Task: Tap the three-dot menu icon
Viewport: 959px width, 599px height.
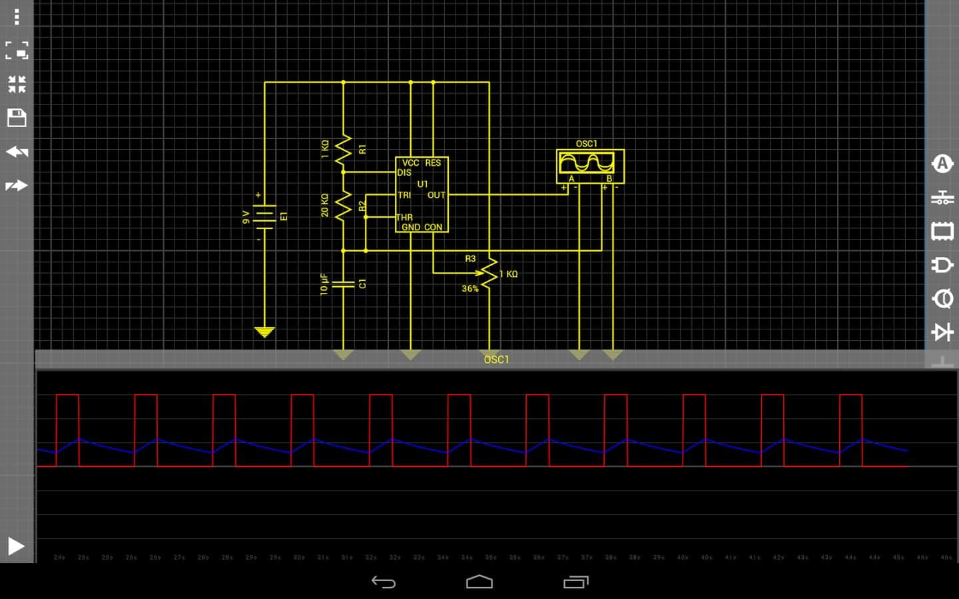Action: pos(17,17)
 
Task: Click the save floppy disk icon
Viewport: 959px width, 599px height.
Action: pos(17,118)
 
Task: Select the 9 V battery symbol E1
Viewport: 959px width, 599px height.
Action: pos(264,217)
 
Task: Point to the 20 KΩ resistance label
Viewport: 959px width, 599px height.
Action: pos(325,205)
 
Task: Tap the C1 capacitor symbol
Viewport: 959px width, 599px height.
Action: pos(343,284)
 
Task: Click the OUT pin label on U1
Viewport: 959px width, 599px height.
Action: pos(436,195)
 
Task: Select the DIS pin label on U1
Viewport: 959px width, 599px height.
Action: pos(404,172)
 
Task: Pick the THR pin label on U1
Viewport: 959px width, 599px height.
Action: pos(404,218)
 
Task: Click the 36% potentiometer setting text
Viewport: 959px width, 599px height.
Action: pos(470,289)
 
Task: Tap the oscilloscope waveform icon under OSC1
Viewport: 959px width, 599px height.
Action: pos(587,162)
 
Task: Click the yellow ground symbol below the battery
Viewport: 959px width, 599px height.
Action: pos(264,331)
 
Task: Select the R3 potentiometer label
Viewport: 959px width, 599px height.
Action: pos(470,258)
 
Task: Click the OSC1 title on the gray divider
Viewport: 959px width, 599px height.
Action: pos(496,359)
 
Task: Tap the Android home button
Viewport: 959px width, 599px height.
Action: pos(479,582)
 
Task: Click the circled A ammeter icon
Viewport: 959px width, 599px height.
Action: pos(942,164)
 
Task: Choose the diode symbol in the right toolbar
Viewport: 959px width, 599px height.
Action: pos(942,331)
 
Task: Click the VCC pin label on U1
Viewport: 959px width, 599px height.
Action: pos(410,163)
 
